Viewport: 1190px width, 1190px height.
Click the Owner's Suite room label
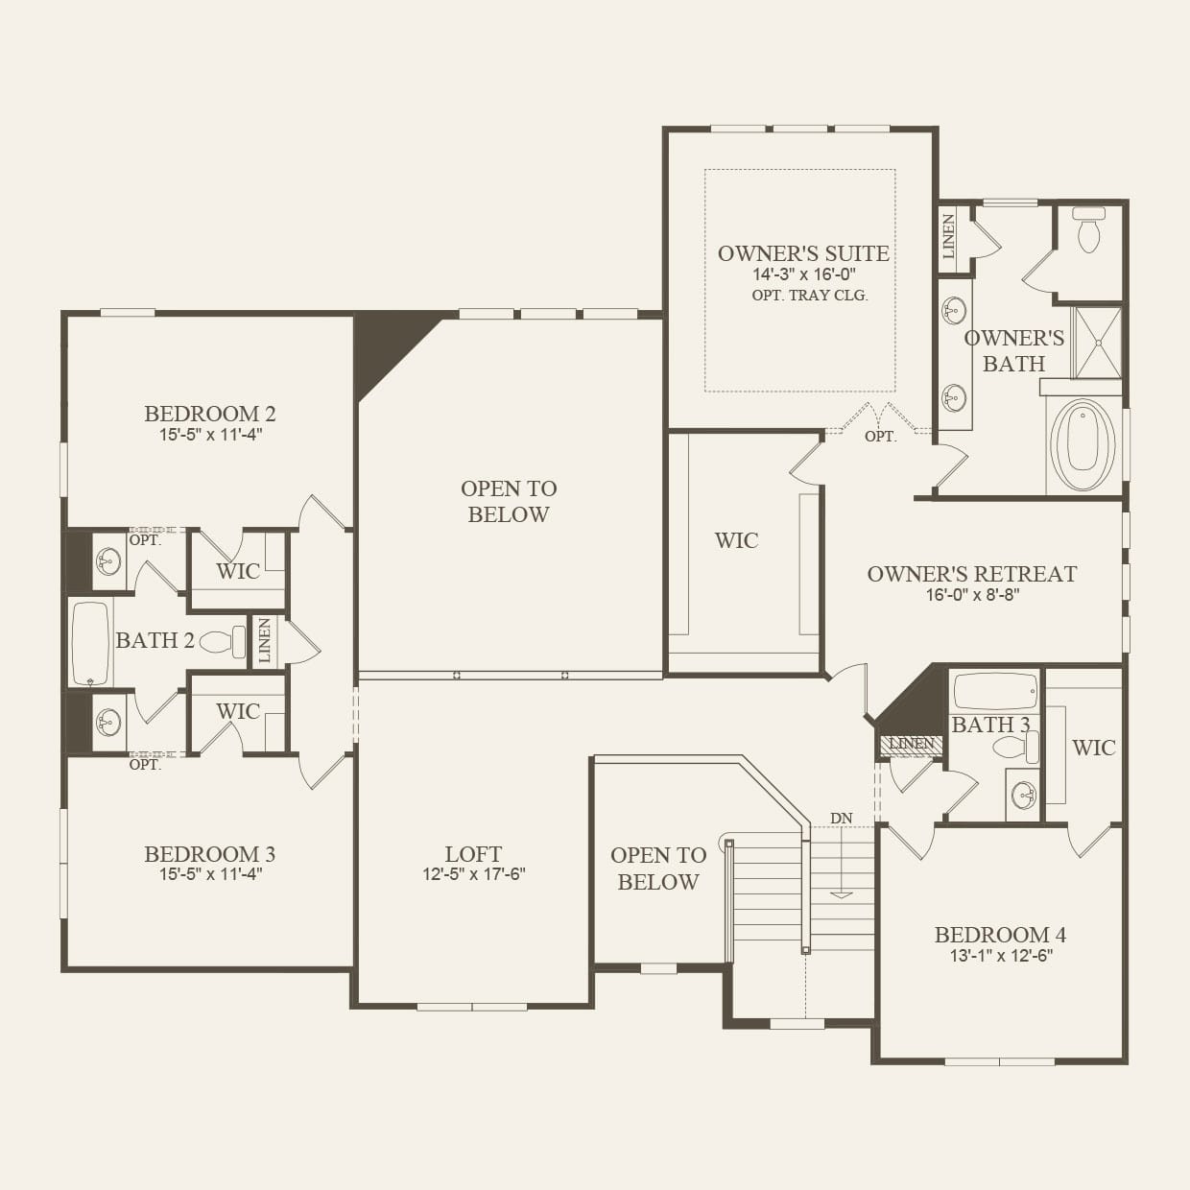click(803, 253)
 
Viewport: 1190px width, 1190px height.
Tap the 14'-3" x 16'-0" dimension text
click(803, 274)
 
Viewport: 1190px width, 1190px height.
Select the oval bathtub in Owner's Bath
click(1083, 445)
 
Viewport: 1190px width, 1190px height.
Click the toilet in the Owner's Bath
click(1088, 229)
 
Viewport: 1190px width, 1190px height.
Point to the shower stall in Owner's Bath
click(1097, 342)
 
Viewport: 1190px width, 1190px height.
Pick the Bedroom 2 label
click(210, 413)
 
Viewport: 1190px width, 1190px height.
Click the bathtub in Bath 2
click(91, 644)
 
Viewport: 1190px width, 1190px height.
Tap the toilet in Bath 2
click(223, 642)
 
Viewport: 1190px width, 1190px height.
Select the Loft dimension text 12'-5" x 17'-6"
click(474, 874)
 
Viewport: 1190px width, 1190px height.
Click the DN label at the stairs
click(841, 819)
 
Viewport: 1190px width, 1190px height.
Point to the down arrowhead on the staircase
click(841, 894)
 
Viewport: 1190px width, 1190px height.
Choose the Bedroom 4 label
click(1000, 935)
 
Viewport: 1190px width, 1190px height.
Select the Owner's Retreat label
click(972, 574)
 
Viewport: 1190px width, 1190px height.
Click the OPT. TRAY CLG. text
click(810, 296)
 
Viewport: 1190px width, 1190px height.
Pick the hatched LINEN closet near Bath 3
click(912, 745)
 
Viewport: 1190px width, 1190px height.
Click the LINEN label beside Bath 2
click(265, 640)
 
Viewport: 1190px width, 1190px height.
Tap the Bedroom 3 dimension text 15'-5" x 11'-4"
click(210, 874)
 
